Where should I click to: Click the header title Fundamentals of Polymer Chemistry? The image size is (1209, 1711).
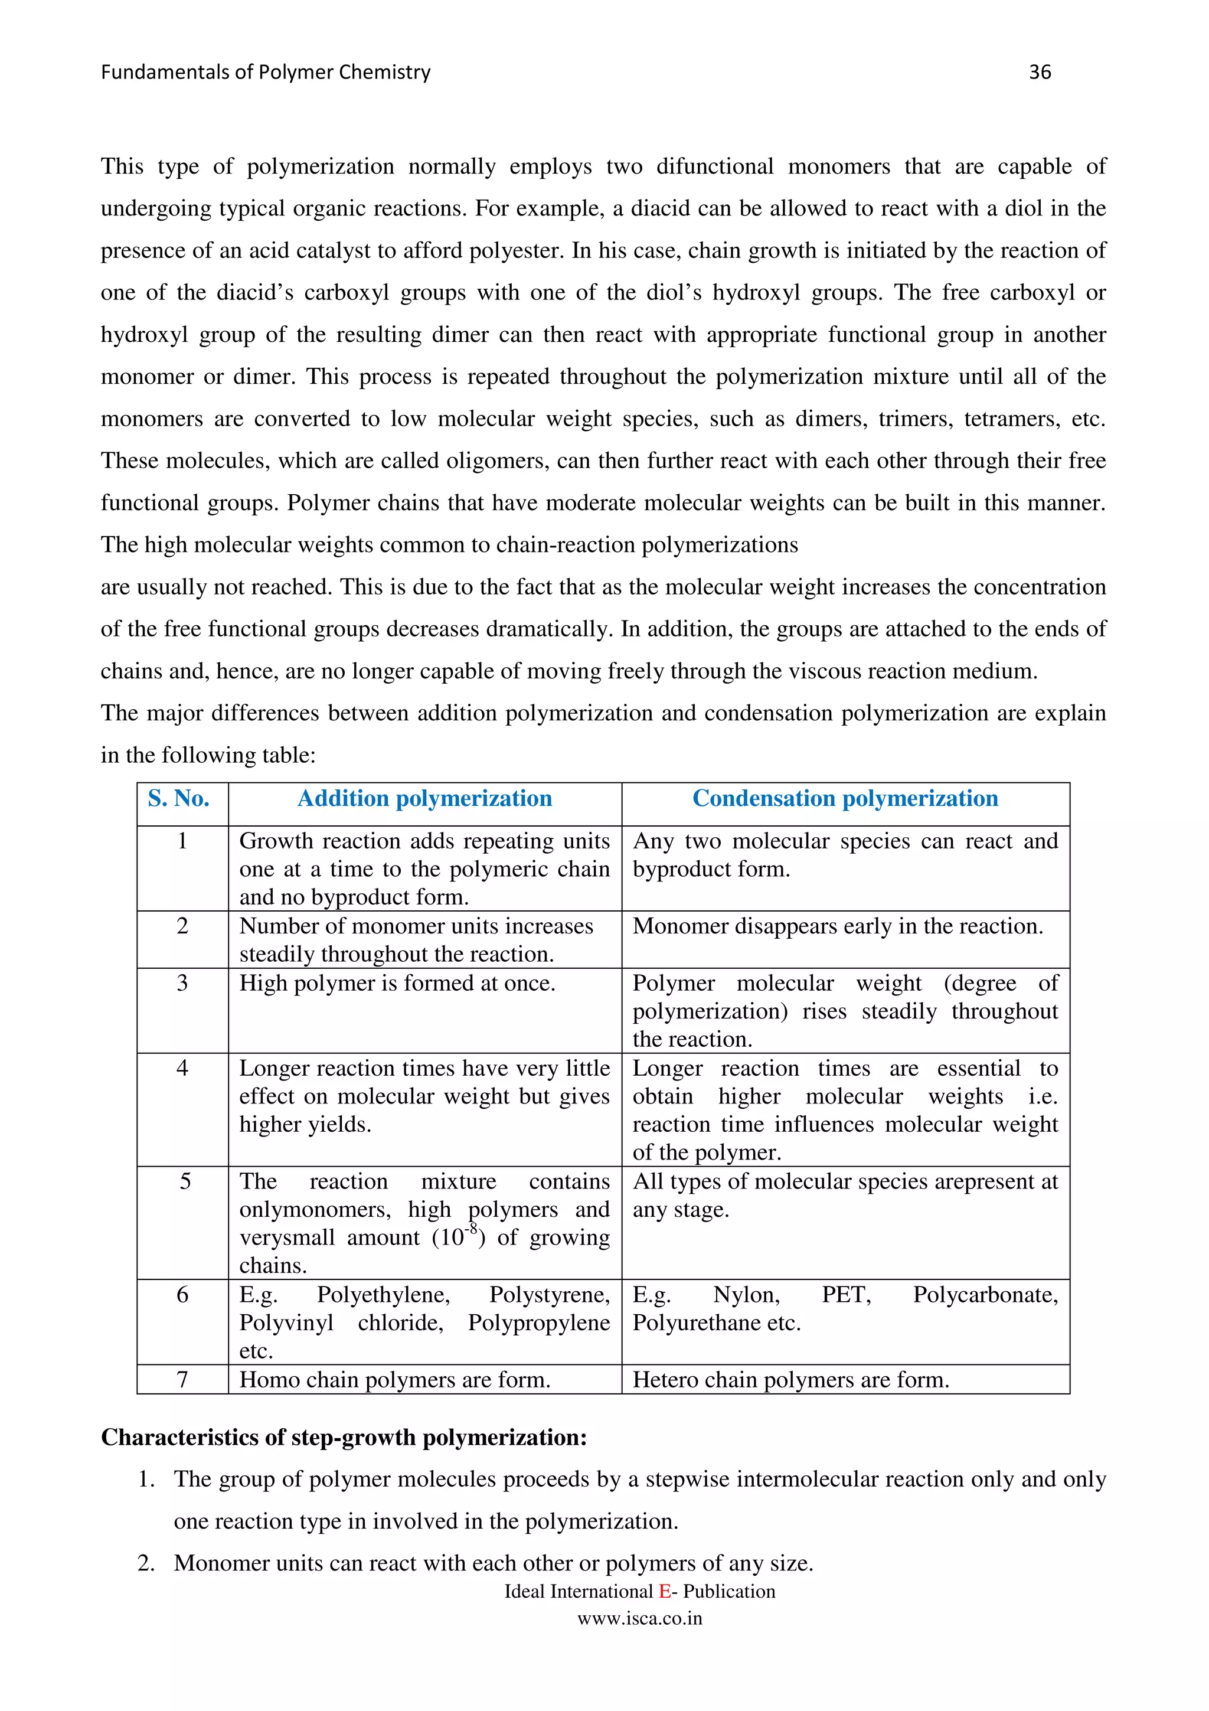pyautogui.click(x=265, y=72)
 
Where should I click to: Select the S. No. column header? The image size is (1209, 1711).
pyautogui.click(x=179, y=799)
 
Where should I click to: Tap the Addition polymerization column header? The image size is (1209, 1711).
pyautogui.click(x=424, y=799)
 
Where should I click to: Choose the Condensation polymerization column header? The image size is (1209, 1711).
pyautogui.click(x=845, y=799)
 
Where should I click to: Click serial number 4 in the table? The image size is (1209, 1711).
pyautogui.click(x=182, y=1068)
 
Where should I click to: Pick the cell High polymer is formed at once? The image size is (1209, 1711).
pyautogui.click(x=397, y=984)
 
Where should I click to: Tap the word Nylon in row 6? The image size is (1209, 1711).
pyautogui.click(x=746, y=1295)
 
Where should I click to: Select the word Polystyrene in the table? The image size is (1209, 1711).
pyautogui.click(x=549, y=1295)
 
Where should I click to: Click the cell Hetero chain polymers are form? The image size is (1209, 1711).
pyautogui.click(x=790, y=1380)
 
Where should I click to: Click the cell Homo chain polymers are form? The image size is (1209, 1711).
pyautogui.click(x=395, y=1380)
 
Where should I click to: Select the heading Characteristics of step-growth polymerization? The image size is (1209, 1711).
pyautogui.click(x=344, y=1438)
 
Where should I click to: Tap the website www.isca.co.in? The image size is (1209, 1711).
pyautogui.click(x=639, y=1618)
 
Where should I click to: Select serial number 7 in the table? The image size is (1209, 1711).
pyautogui.click(x=182, y=1380)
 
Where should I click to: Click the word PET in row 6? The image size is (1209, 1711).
pyautogui.click(x=845, y=1295)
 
